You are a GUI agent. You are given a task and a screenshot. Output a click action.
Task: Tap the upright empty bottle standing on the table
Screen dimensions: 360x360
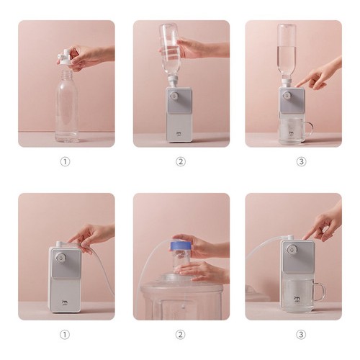point(67,108)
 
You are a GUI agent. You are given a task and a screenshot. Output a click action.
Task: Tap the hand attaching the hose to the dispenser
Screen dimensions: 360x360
point(90,235)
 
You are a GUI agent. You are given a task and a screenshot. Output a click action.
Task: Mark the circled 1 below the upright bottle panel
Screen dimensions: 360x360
point(65,161)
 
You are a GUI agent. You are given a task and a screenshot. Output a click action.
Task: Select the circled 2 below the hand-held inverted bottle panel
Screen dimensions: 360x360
point(181,161)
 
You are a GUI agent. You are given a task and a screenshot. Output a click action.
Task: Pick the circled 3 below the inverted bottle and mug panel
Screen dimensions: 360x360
point(301,161)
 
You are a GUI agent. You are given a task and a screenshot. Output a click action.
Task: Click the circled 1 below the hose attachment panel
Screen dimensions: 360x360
point(65,334)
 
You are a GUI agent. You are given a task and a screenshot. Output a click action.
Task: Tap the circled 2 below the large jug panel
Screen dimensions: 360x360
point(181,334)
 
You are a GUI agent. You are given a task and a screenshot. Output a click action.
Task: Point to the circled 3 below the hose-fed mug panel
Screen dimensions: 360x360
point(301,334)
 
